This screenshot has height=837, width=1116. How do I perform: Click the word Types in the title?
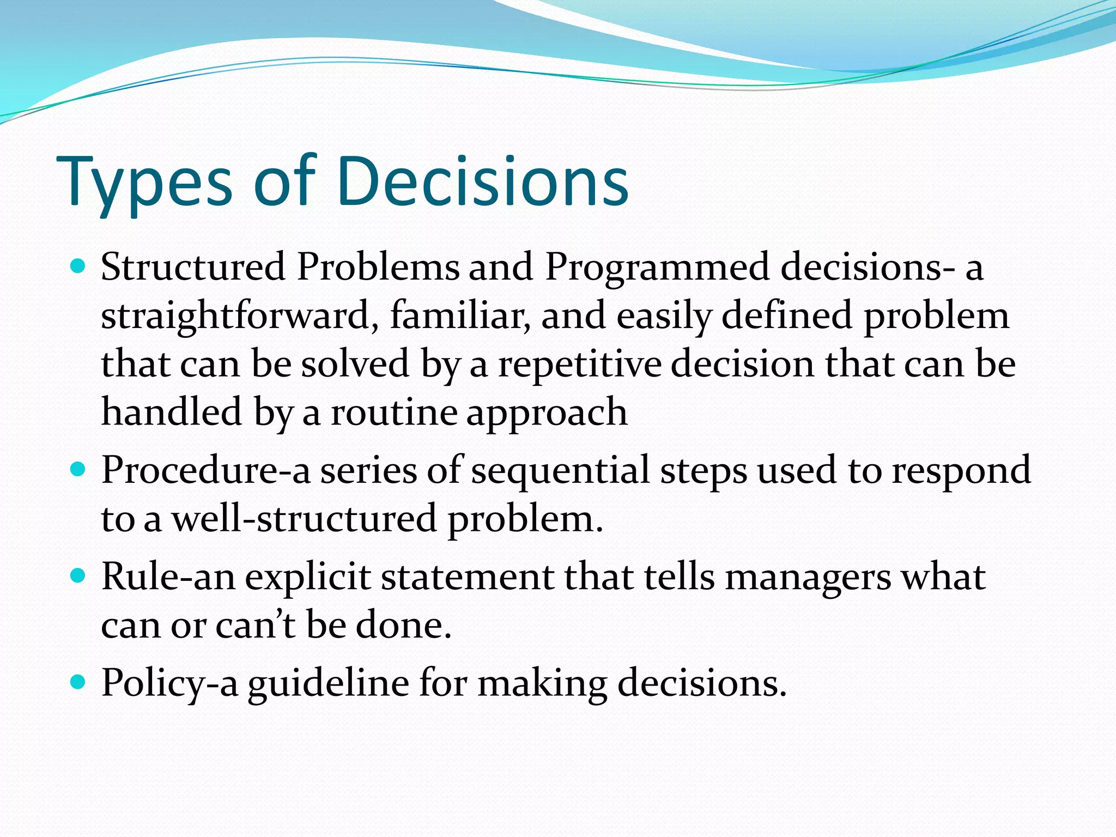pos(144,183)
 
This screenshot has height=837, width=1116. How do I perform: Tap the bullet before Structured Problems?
pos(78,266)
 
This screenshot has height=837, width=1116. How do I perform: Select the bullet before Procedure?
pos(78,469)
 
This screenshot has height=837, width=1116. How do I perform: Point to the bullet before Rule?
pos(78,575)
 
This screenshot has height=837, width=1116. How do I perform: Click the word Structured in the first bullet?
pos(193,267)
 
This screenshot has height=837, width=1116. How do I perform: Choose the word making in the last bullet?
pos(542,683)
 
